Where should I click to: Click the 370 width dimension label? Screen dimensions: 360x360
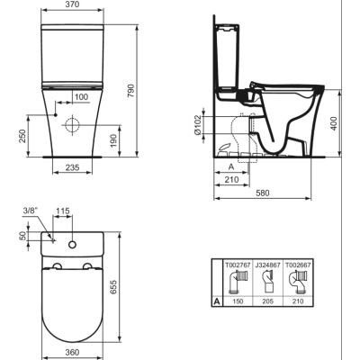coord(72,4)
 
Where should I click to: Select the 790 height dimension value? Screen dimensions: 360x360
coord(131,91)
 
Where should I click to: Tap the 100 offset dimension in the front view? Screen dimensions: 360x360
coord(81,97)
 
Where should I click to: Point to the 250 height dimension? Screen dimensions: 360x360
coord(22,136)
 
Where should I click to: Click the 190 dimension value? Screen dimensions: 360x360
coord(112,140)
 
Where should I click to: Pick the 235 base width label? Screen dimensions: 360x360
coord(72,167)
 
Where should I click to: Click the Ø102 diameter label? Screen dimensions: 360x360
coord(197,124)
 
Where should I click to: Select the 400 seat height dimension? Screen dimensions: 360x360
coord(334,123)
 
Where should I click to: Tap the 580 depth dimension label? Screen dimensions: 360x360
coord(262,193)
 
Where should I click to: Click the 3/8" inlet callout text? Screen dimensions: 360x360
coord(31,211)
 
